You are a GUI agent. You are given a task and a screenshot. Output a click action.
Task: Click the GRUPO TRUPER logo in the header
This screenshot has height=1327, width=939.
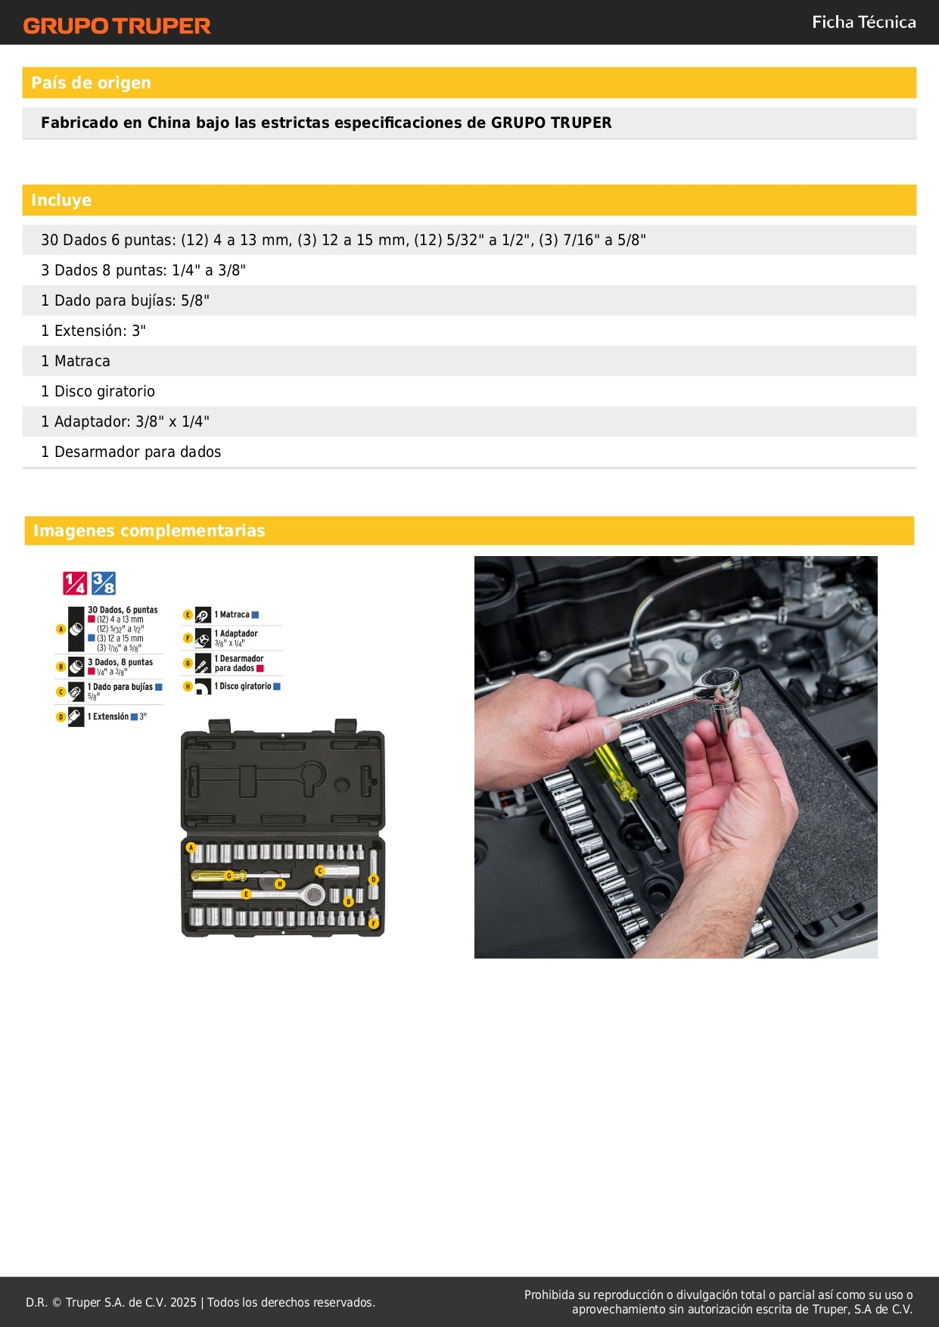[117, 26]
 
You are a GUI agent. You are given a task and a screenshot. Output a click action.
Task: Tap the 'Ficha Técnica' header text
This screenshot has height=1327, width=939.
[863, 23]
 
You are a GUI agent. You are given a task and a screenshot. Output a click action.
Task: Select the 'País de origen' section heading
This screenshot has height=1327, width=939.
[91, 83]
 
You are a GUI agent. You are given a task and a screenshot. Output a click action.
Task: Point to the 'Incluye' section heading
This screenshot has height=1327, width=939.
[61, 200]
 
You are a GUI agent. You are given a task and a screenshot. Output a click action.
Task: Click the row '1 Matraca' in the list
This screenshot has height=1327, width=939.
[76, 362]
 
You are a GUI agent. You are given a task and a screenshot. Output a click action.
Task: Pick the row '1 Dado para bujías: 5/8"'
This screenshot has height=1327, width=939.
[125, 301]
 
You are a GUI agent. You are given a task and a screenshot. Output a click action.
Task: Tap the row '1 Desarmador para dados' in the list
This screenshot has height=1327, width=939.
[131, 452]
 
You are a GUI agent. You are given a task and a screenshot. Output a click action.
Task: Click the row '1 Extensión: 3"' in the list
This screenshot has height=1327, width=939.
[93, 331]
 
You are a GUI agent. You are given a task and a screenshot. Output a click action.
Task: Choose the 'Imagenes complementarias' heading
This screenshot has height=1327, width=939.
[149, 531]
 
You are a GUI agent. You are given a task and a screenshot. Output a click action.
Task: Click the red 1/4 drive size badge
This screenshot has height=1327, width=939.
[75, 583]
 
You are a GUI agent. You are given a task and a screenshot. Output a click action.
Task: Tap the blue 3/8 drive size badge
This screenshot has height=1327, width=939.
[104, 583]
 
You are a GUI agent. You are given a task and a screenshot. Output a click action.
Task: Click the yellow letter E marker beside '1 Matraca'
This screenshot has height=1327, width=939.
[188, 615]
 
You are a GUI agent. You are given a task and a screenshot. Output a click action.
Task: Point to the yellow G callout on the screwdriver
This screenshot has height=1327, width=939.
[229, 875]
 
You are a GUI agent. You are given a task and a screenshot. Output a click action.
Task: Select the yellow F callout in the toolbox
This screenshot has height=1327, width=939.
[373, 923]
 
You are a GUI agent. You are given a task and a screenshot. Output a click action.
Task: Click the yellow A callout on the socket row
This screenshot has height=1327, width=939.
[191, 848]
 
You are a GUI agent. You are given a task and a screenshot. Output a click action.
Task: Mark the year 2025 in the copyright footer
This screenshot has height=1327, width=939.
[183, 1303]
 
